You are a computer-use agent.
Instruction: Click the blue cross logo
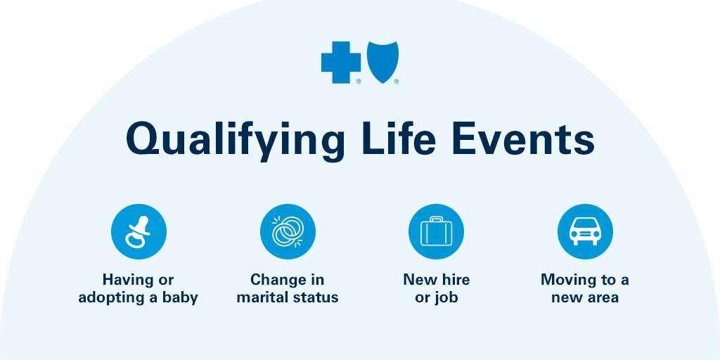coord(341,63)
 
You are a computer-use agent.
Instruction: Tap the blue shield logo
coord(382,62)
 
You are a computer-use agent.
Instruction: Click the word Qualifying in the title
coord(235,139)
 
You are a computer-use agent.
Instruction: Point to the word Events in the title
coord(523,139)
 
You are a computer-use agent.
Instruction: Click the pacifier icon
coord(139,232)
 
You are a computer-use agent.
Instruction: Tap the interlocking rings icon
coord(288,232)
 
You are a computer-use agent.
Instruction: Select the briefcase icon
coord(436,232)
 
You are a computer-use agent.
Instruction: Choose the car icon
coord(585,232)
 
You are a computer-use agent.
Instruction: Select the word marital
coord(262,297)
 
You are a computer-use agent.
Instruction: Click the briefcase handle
coord(436,219)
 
